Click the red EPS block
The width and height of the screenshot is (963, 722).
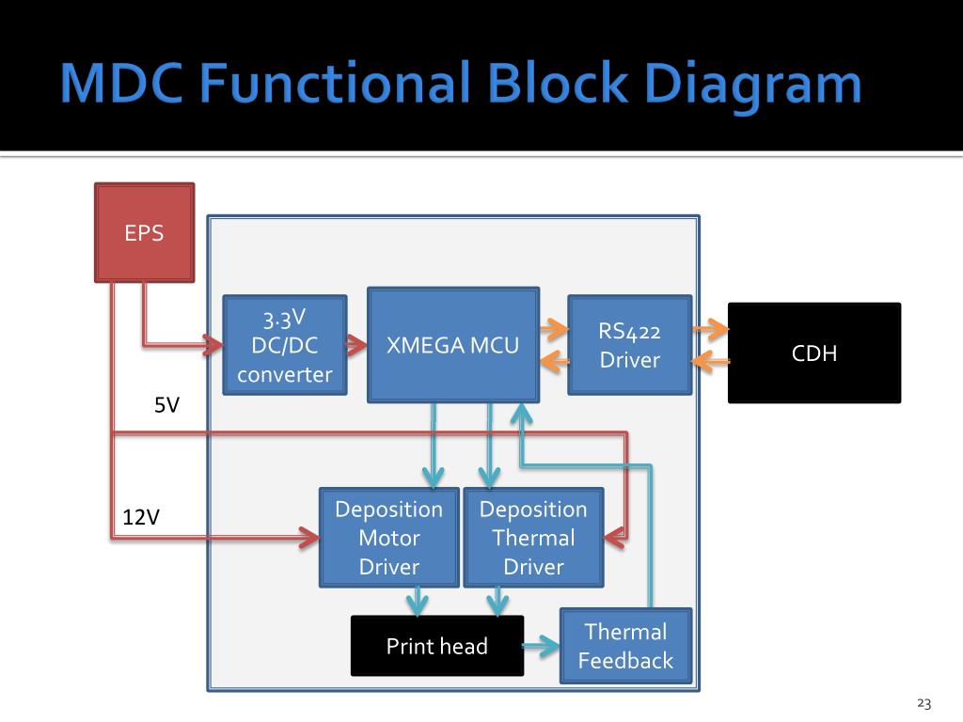[144, 233]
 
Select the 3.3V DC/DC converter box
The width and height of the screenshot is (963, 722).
[285, 345]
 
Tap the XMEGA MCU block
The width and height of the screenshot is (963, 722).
[453, 345]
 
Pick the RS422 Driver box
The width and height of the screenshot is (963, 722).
[630, 345]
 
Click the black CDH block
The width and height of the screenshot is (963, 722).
[814, 353]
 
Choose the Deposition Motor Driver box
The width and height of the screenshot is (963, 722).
[389, 538]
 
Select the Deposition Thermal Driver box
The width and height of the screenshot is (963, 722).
[534, 538]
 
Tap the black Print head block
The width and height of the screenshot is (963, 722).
[437, 646]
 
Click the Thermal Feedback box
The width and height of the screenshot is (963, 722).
[625, 646]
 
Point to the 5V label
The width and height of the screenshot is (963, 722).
[167, 405]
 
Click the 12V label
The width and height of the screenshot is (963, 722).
[141, 517]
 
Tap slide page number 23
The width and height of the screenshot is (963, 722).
[924, 703]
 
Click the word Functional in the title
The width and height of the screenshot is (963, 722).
[336, 83]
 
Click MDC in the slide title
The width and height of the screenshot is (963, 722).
[121, 83]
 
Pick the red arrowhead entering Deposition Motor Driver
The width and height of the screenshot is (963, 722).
[308, 537]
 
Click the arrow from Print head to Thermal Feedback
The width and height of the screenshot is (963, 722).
[541, 646]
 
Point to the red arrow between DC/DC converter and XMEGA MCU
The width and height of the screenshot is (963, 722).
[356, 345]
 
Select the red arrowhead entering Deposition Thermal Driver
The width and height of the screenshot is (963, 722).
[615, 537]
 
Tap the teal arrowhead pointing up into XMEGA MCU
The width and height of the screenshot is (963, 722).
[521, 414]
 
